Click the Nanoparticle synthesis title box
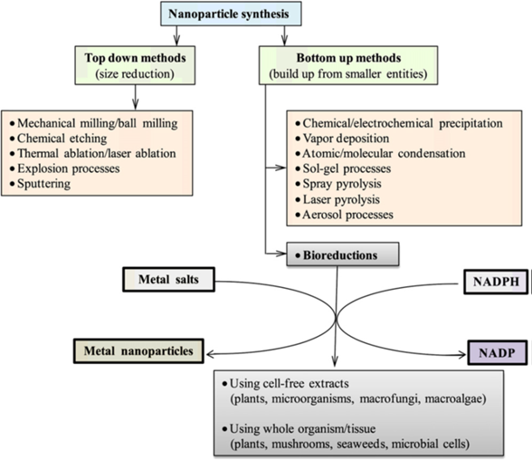pyautogui.click(x=231, y=14)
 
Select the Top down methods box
pyautogui.click(x=135, y=65)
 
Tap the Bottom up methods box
pyautogui.click(x=348, y=65)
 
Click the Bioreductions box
pyautogui.click(x=343, y=254)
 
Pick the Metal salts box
pyautogui.click(x=168, y=280)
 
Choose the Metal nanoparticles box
pyautogui.click(x=138, y=351)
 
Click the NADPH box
pyautogui.click(x=496, y=282)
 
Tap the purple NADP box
pyautogui.click(x=498, y=353)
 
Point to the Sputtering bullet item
pyautogui.click(x=41, y=184)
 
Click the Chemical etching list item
pyautogui.click(x=58, y=139)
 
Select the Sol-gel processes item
pyautogui.click(x=343, y=168)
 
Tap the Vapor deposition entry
pyautogui.click(x=342, y=139)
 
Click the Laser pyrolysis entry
pyautogui.click(x=337, y=199)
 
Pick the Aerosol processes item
pyautogui.click(x=344, y=215)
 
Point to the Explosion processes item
pyautogui.click(x=65, y=168)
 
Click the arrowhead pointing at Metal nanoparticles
pyautogui.click(x=210, y=355)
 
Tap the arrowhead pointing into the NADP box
pyautogui.click(x=462, y=355)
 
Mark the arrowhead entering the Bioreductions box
pyautogui.click(x=282, y=254)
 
